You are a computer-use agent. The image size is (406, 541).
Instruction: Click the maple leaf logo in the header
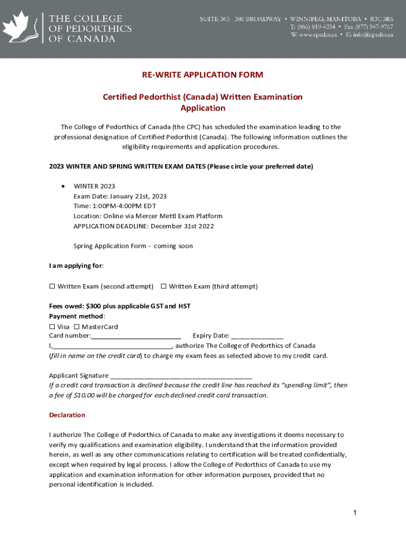point(20,29)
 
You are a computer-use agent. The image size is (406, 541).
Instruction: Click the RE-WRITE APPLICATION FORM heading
point(202,75)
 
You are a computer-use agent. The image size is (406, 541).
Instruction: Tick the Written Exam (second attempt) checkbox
point(52,286)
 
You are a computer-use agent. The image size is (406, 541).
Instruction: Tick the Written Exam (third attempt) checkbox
point(163,286)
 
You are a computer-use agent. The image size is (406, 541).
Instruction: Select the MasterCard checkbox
point(77,327)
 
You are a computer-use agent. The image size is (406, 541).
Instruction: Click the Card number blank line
point(136,337)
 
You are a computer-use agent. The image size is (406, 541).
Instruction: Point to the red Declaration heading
point(67,415)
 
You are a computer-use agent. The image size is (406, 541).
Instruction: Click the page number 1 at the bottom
point(355,513)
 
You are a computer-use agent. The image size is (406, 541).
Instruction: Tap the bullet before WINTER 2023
point(63,186)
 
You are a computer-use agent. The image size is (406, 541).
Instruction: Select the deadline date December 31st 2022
point(182,226)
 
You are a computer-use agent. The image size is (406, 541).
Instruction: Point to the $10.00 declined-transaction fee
point(84,395)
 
